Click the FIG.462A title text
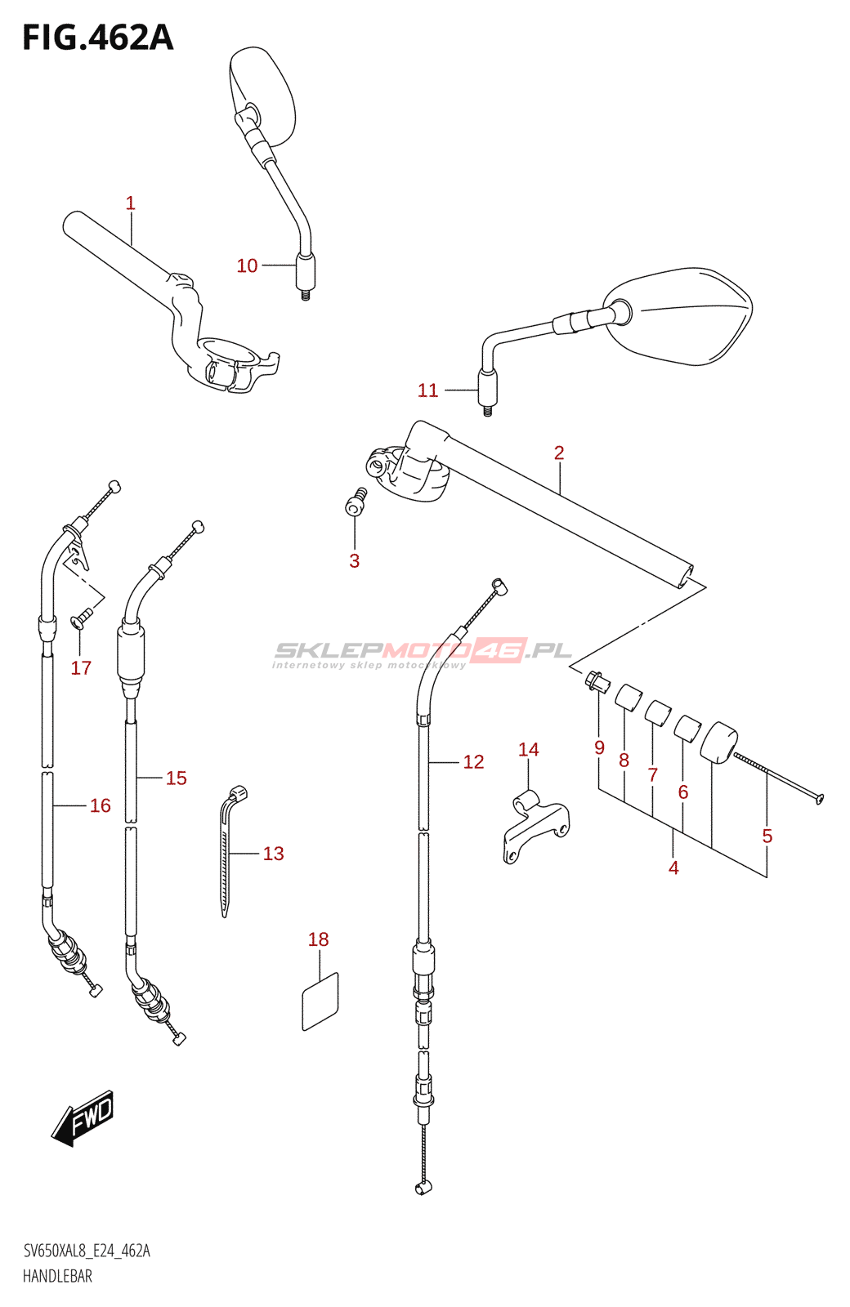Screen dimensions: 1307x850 tap(97, 38)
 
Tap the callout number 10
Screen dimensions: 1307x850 tap(247, 266)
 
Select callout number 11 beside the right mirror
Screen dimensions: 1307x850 tap(427, 391)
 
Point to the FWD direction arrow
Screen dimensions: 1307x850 tap(84, 1117)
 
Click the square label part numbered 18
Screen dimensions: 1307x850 tap(320, 1001)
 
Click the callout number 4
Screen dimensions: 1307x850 tap(673, 868)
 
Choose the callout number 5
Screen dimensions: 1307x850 tap(767, 836)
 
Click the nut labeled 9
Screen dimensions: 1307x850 tap(596, 680)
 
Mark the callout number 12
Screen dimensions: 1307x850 tap(473, 762)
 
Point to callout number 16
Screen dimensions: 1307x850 tap(100, 806)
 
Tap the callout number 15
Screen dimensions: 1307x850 tap(176, 778)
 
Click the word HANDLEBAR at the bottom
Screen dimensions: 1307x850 tap(57, 1276)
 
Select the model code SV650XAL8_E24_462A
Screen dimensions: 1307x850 tap(87, 1251)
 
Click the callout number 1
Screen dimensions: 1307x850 tap(130, 203)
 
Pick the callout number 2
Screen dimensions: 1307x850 tap(559, 453)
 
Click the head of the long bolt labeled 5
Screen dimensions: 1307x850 tap(820, 798)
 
